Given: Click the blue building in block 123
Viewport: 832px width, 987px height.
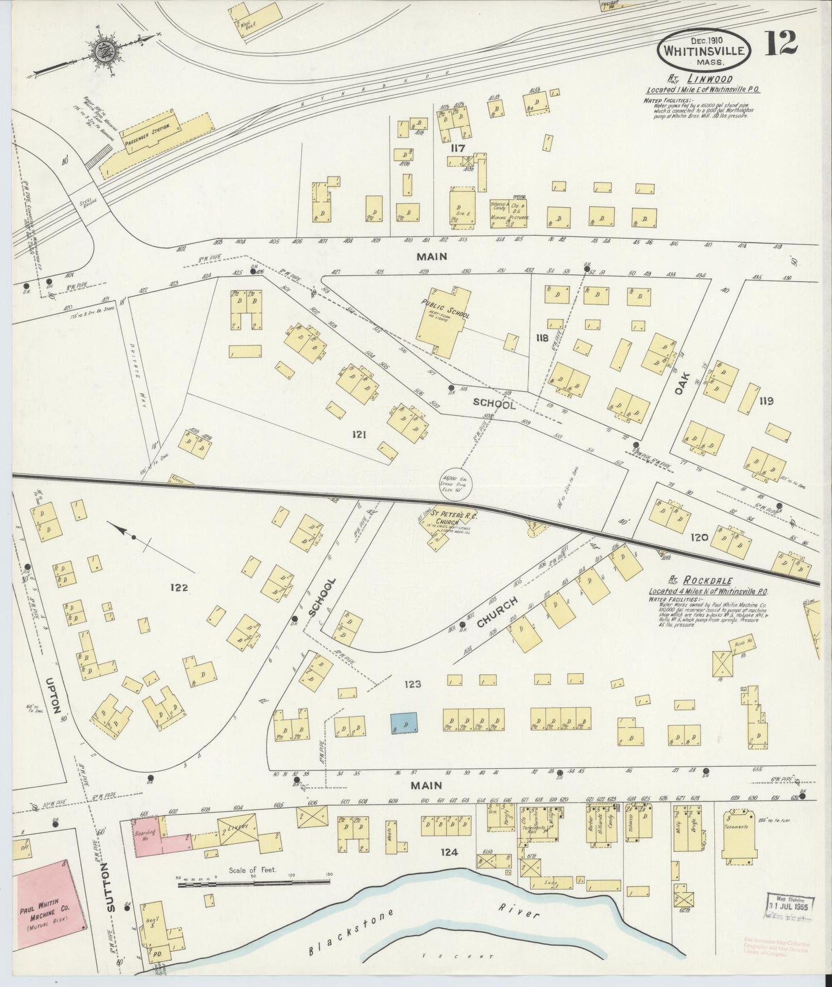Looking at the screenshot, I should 404,722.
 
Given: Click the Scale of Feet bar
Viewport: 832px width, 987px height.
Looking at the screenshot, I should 253,882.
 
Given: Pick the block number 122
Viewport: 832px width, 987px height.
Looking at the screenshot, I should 180,588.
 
